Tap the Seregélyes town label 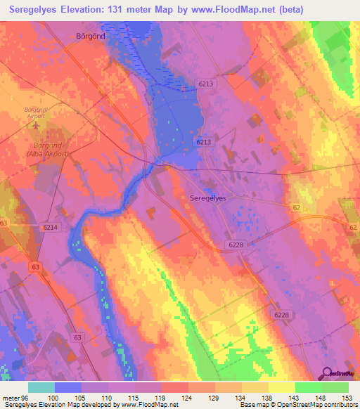pyautogui.click(x=208, y=199)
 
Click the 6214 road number pyautogui.click(x=50, y=228)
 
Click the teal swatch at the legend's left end pyautogui.click(x=41, y=387)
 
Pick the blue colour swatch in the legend pyautogui.click(x=67, y=387)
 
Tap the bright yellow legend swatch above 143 pyautogui.click(x=281, y=387)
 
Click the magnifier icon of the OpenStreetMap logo pyautogui.click(x=328, y=373)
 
